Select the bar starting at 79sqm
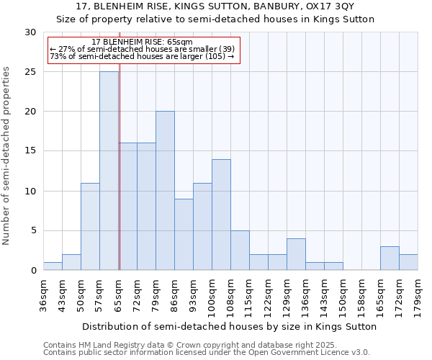point(165,191)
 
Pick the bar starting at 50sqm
point(90,226)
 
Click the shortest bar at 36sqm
point(53,266)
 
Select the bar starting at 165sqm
point(390,258)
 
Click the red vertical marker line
point(120,180)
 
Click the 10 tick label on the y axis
point(31,191)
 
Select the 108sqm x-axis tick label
point(231,294)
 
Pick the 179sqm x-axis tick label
point(418,294)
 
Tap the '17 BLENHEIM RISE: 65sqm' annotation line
point(142,42)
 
